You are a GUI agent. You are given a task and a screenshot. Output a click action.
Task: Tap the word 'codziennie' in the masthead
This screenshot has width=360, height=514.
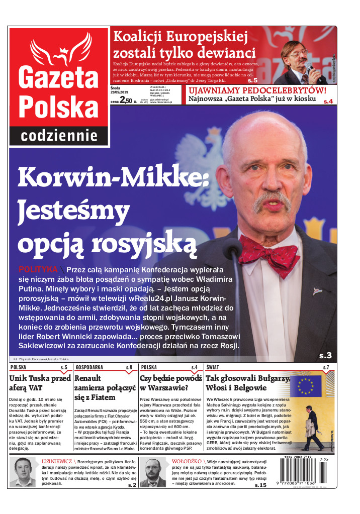59,136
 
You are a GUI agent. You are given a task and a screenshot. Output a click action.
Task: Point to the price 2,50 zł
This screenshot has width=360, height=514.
126,101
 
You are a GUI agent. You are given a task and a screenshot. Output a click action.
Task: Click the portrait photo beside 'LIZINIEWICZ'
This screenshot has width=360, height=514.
23,472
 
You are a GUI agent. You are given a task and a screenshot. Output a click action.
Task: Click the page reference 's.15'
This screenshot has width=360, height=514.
260,485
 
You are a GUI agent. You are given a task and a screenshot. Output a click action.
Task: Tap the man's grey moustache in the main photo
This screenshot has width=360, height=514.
272,199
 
